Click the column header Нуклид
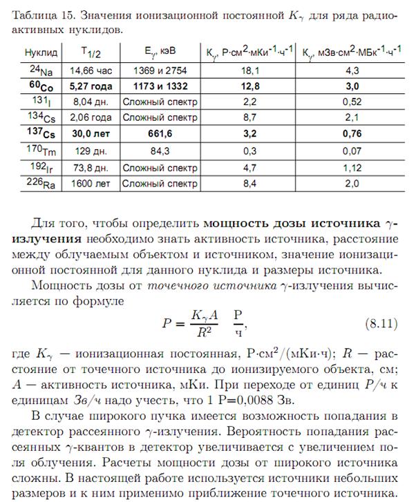pyautogui.click(x=41, y=53)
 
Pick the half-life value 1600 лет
pyautogui.click(x=92, y=184)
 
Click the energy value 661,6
pyautogui.click(x=158, y=135)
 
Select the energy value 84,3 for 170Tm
pyautogui.click(x=158, y=151)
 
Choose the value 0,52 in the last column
pyautogui.click(x=352, y=102)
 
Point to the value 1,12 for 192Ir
pyautogui.click(x=352, y=167)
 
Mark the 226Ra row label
pyautogui.click(x=40, y=184)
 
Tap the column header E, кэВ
pyautogui.click(x=158, y=53)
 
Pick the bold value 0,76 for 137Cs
pyautogui.click(x=352, y=135)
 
